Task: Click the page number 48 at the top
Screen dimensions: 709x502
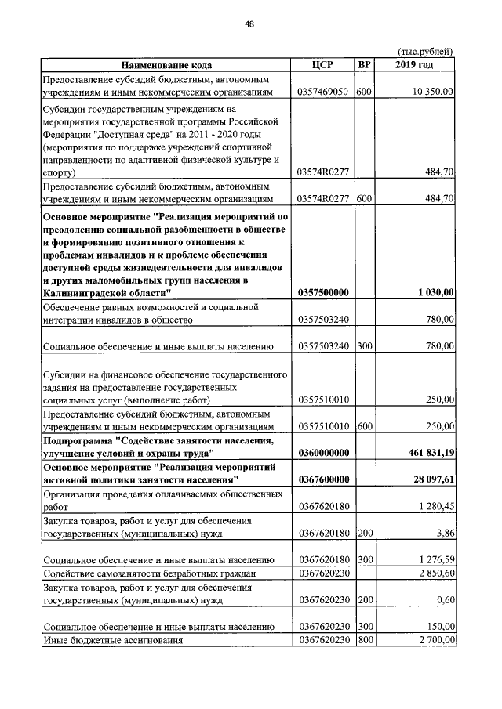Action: [x=249, y=24]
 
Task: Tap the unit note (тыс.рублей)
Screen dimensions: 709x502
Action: [x=425, y=51]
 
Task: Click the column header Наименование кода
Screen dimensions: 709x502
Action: [x=166, y=65]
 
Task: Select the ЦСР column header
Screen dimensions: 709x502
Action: [x=323, y=65]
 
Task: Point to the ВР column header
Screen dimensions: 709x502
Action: [x=364, y=65]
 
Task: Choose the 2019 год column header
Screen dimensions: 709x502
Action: [x=415, y=65]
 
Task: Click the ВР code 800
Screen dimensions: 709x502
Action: [x=364, y=640]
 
